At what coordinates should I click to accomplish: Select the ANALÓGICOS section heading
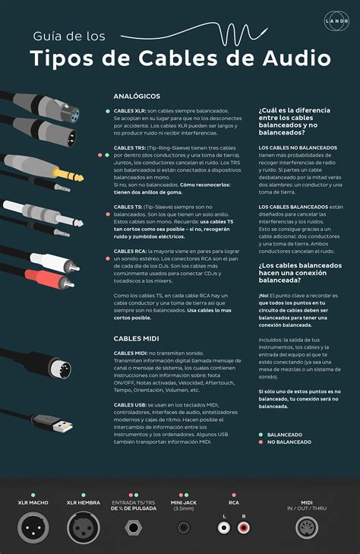(x=137, y=97)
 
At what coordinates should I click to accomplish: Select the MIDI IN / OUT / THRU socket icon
(x=306, y=527)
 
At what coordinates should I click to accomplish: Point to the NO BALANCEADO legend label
(x=291, y=442)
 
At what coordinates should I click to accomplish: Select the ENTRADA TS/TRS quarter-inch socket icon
(x=134, y=527)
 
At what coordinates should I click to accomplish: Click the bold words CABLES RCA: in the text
(x=130, y=250)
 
